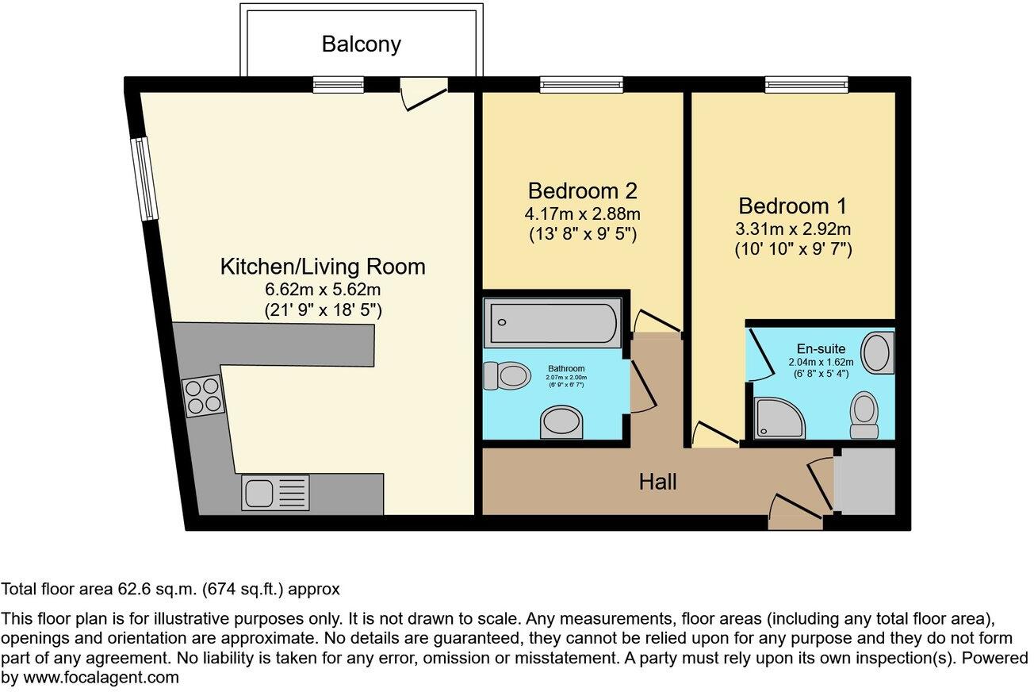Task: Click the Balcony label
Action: click(361, 44)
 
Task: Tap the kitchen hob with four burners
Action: click(202, 395)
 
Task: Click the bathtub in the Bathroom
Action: click(552, 321)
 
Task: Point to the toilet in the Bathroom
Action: click(506, 375)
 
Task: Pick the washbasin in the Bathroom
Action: click(562, 422)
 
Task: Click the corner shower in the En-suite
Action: click(778, 418)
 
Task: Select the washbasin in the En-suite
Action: click(878, 353)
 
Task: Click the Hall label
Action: click(658, 481)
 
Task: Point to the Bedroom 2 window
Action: click(581, 84)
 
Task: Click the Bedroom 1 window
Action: click(806, 84)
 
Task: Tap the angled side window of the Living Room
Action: click(144, 179)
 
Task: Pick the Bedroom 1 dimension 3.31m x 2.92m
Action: click(792, 229)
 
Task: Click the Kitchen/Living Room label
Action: click(323, 267)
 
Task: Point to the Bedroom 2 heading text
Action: click(583, 191)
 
